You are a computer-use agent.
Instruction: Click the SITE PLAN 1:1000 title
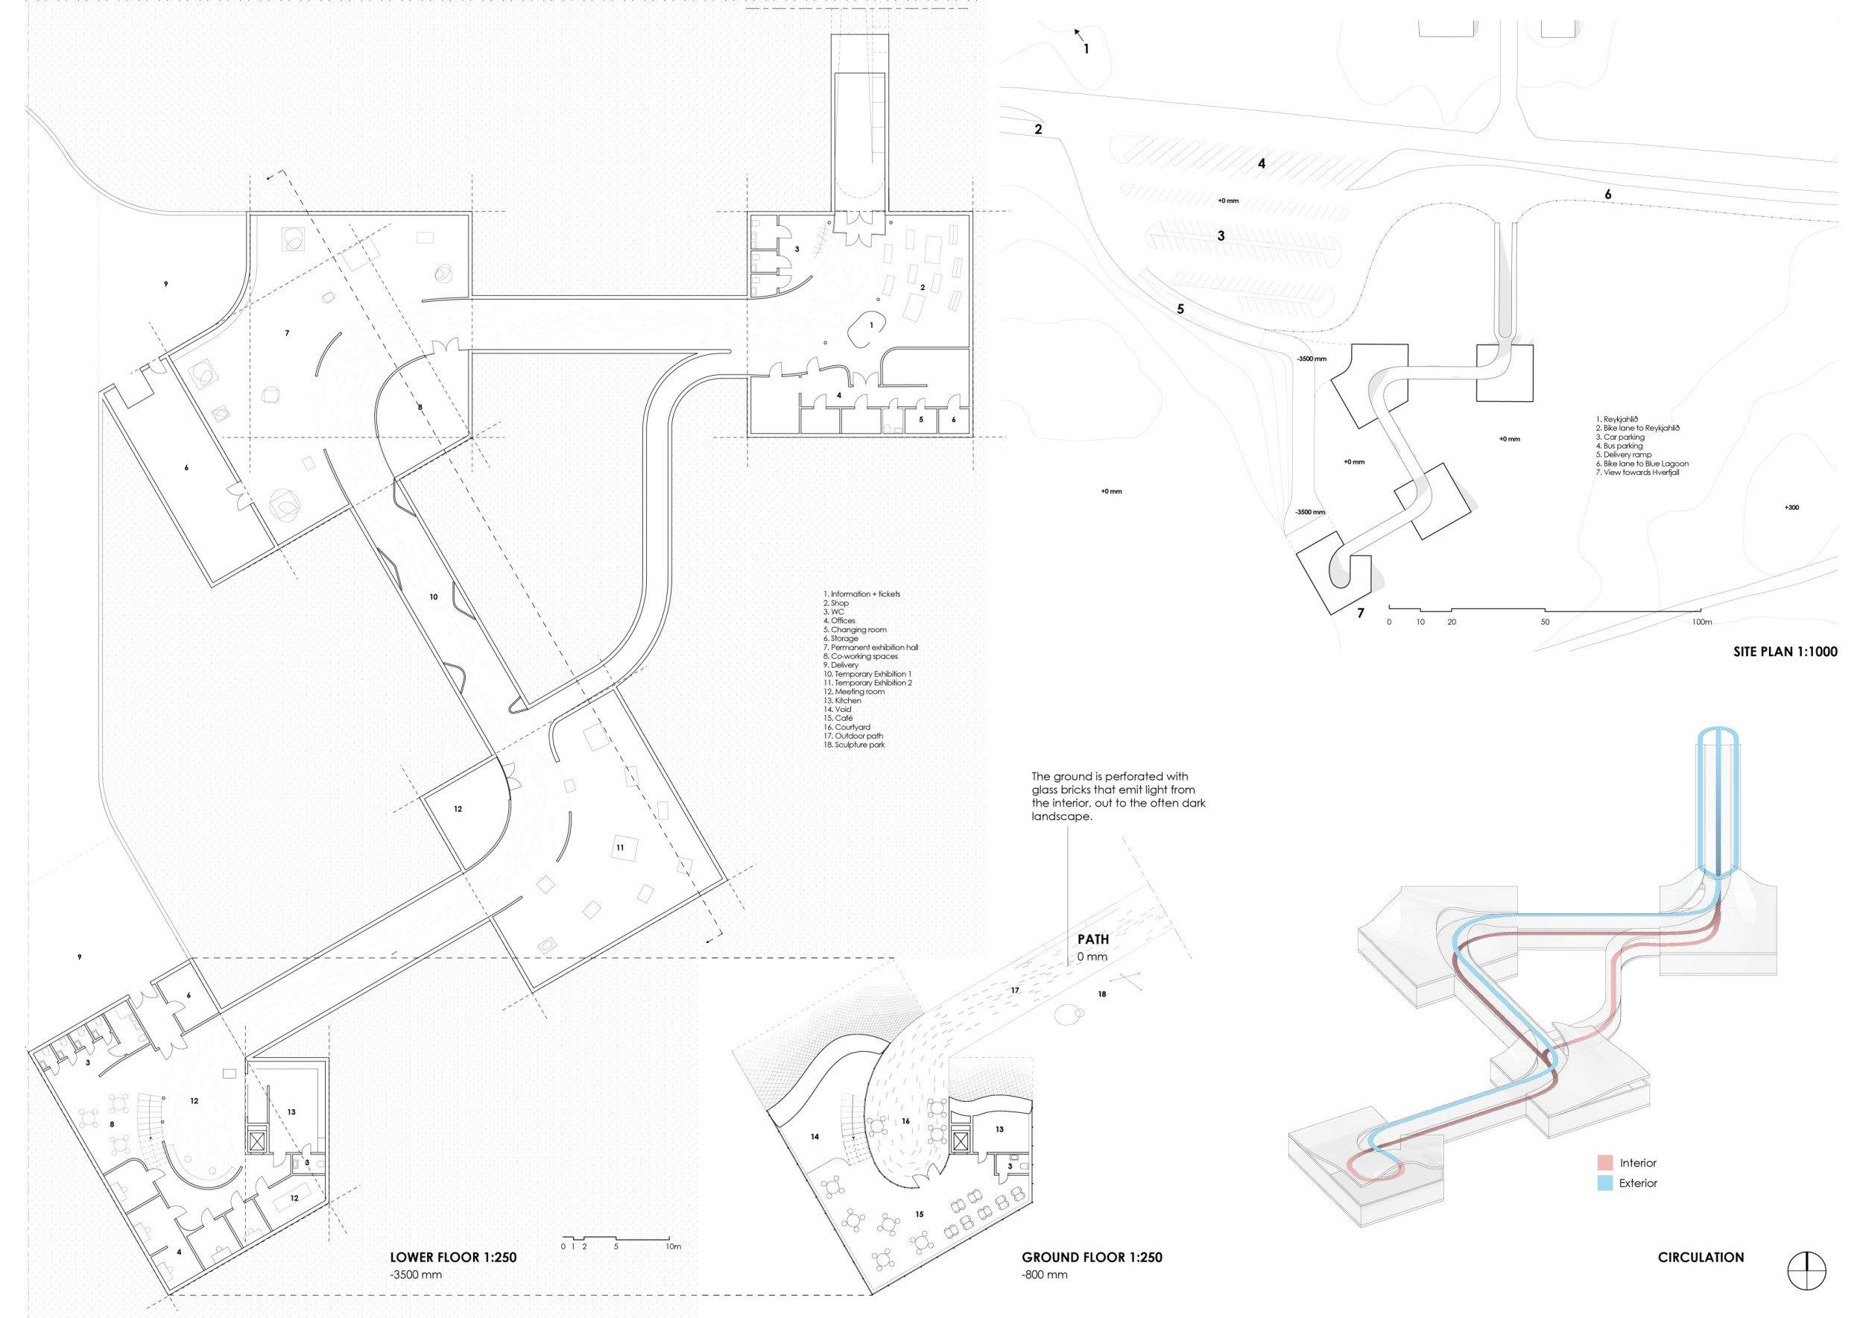tap(1785, 652)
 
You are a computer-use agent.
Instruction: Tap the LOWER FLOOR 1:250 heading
tap(453, 1257)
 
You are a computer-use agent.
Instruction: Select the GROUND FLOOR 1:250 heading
tap(1092, 1257)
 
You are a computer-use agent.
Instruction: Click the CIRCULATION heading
tap(1701, 1257)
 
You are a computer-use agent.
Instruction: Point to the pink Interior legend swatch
tap(1605, 1162)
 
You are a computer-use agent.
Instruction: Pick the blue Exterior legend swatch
tap(1605, 1183)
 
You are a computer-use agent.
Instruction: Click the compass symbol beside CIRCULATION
tap(1806, 1271)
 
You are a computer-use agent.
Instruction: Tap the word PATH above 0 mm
tap(1093, 939)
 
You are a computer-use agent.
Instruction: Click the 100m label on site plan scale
tap(1701, 622)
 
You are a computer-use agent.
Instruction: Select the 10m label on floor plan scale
tap(674, 1246)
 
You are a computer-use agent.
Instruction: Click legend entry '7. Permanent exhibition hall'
tap(870, 648)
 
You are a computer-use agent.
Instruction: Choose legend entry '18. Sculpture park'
tap(855, 745)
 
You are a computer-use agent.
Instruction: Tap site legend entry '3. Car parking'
tap(1620, 437)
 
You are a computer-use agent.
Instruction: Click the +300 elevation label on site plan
tap(1791, 508)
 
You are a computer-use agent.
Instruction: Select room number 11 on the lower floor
tap(620, 848)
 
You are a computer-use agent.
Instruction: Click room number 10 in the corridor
tap(433, 596)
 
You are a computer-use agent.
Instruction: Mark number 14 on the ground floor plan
tap(815, 1137)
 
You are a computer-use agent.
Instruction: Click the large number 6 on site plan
tap(1607, 194)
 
